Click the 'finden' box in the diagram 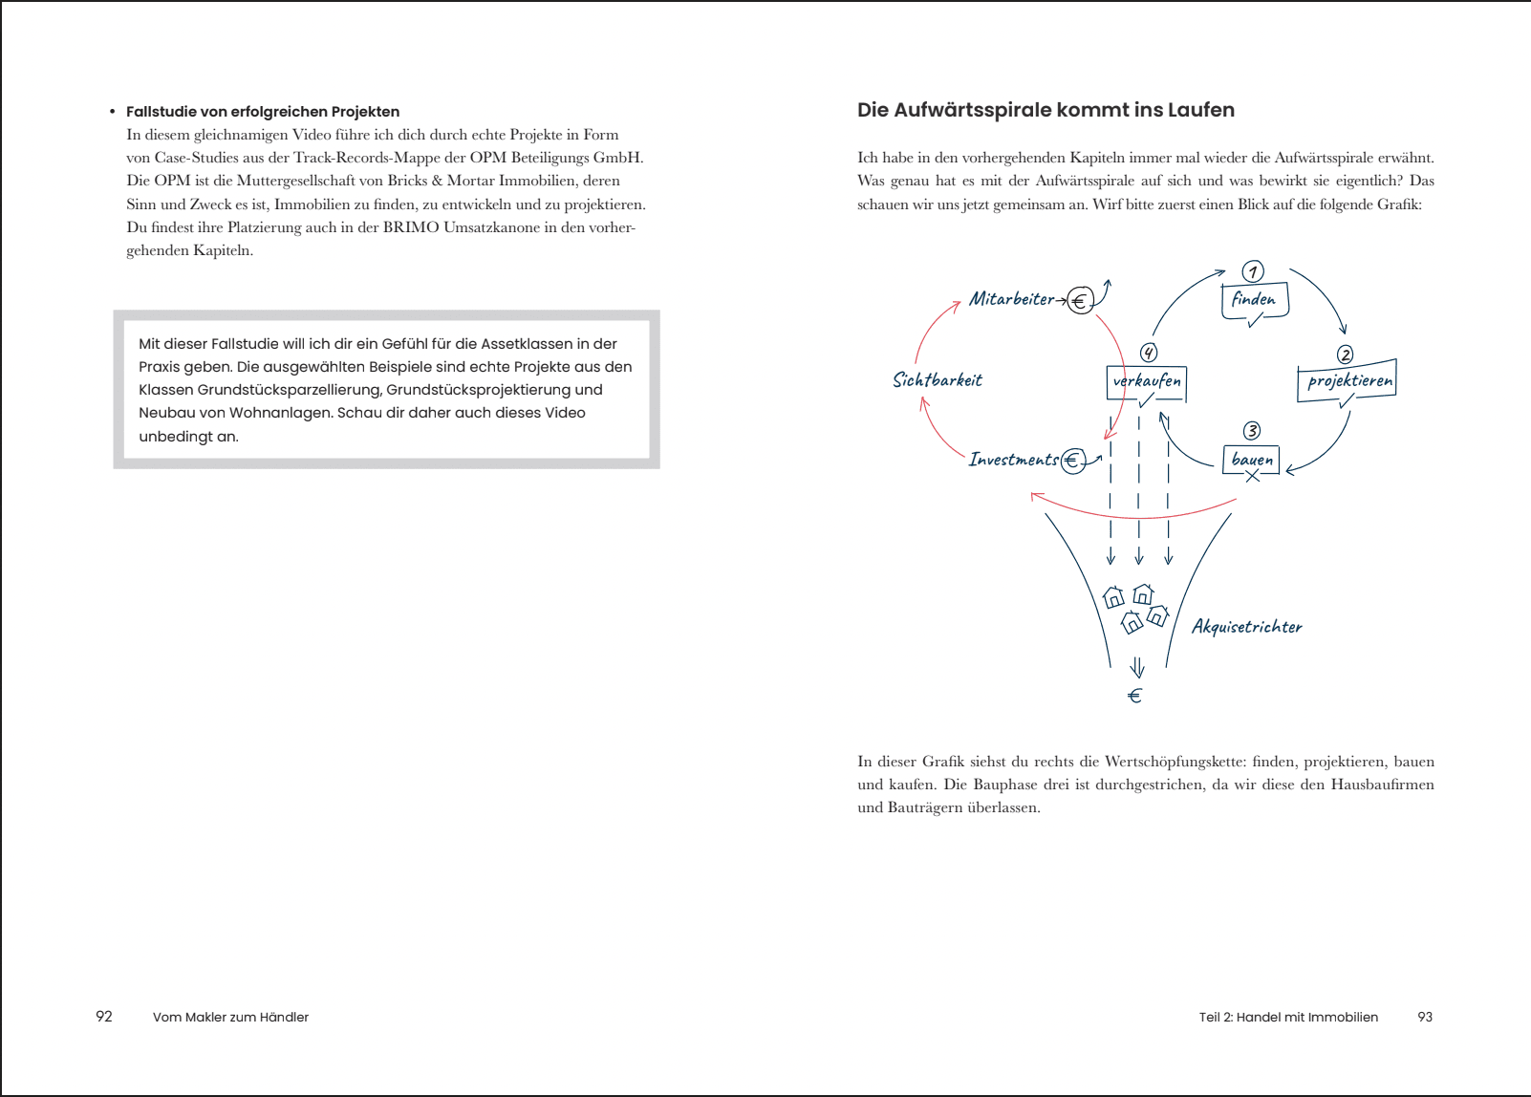coord(1254,300)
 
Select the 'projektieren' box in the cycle coord(1348,380)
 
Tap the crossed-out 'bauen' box coord(1251,460)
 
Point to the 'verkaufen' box coord(1147,381)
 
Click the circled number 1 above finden coord(1253,271)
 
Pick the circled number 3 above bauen coord(1251,431)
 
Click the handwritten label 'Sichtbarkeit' coord(937,380)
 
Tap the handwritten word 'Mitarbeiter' coord(1011,299)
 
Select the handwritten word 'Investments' coord(1013,460)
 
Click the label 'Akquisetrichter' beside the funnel coord(1246,627)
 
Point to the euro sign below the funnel coord(1135,696)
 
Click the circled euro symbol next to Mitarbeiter coord(1080,302)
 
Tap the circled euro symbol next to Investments coord(1072,462)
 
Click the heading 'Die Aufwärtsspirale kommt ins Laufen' coord(1046,110)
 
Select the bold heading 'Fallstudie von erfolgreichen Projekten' coord(263,112)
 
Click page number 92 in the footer coord(104,1017)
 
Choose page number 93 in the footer coord(1425,1017)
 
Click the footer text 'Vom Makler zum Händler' coord(230,1017)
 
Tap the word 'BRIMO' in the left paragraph coord(411,227)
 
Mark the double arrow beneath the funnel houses coord(1137,667)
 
